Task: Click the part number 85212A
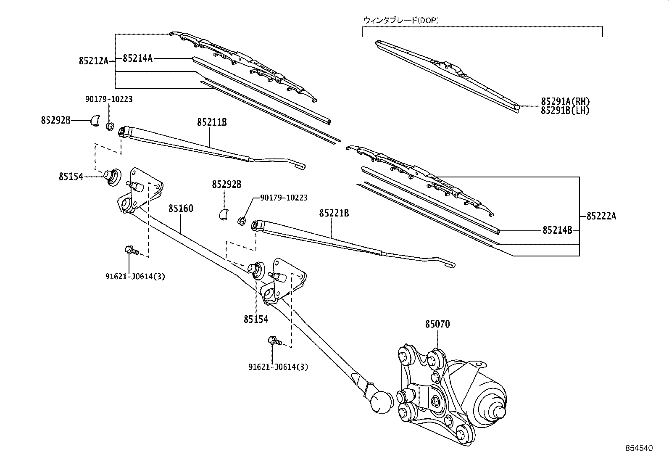point(93,61)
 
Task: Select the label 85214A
point(137,58)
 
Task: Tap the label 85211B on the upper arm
point(212,122)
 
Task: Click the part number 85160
point(181,208)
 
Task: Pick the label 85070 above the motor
point(437,324)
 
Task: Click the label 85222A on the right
point(601,216)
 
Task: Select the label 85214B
point(557,230)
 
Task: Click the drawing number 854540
point(639,449)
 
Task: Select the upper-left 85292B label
point(55,120)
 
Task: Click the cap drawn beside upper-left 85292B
point(95,121)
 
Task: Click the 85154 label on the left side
point(71,177)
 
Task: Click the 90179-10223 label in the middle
point(284,197)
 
